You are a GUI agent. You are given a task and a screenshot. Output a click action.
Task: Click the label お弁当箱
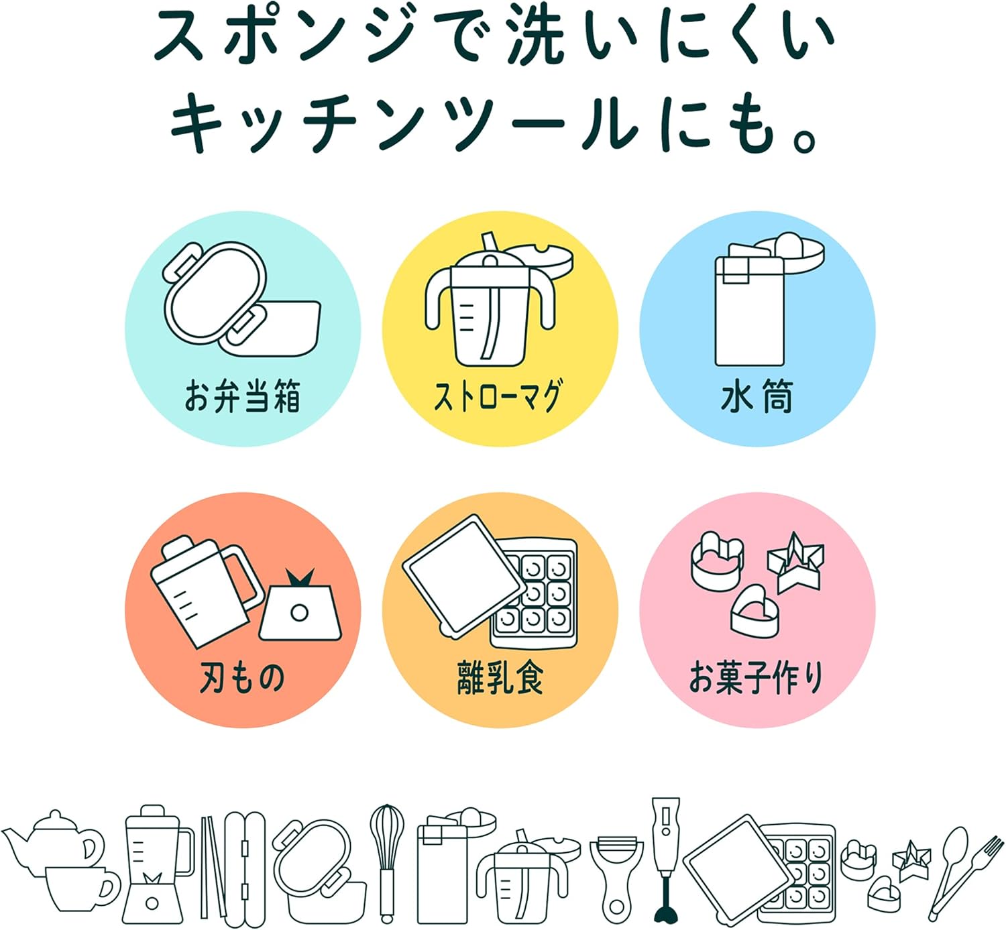tap(242, 396)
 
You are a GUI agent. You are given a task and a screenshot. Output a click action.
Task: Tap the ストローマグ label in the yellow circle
tap(498, 396)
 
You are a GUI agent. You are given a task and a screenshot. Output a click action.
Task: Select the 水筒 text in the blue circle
tap(757, 396)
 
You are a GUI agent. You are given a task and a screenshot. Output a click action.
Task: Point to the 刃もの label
tap(242, 677)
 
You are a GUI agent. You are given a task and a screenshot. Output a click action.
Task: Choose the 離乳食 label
tap(500, 677)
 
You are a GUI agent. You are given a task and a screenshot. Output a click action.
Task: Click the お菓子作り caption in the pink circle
tap(757, 677)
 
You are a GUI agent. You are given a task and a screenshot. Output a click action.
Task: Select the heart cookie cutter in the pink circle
tap(754, 610)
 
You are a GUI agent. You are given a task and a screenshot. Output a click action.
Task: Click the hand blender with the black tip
tap(665, 858)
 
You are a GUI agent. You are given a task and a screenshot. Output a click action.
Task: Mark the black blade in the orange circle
tap(298, 578)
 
